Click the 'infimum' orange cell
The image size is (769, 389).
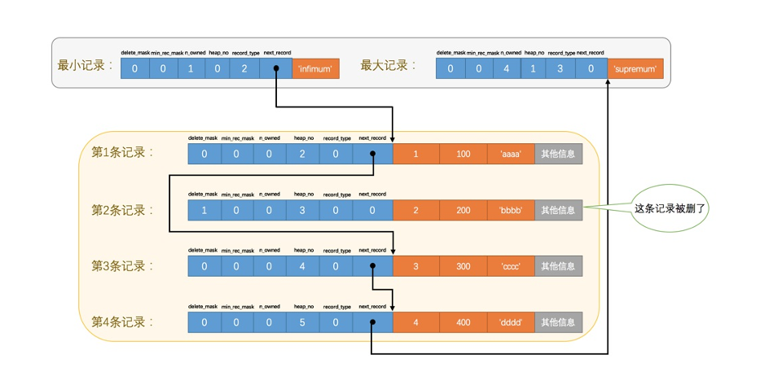[315, 69]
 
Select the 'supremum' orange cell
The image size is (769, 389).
[635, 69]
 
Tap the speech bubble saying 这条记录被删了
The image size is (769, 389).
[670, 209]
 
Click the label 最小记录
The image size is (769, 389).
[85, 66]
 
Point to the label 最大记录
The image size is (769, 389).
[389, 66]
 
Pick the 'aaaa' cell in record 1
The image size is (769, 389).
[511, 155]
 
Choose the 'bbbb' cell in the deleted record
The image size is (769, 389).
[511, 210]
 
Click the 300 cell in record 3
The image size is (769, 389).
[464, 266]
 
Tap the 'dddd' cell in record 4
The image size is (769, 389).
[511, 322]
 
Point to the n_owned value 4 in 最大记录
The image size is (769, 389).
[506, 69]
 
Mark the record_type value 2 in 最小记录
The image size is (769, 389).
[244, 69]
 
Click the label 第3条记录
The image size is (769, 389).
[122, 266]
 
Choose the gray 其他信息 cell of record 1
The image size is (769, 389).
[559, 155]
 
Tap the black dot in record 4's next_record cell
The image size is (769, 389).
[372, 322]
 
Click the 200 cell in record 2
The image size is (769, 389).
[464, 210]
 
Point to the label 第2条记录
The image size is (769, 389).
[122, 210]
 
